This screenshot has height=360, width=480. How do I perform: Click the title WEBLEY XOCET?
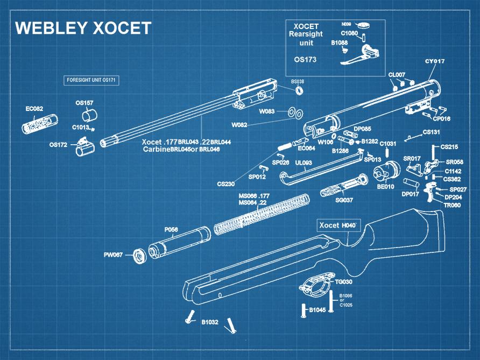point(83,28)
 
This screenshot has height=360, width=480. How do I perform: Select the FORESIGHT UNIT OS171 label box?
point(91,80)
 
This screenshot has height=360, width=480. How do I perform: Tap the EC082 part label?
point(34,109)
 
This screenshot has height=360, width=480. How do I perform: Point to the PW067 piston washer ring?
point(139,255)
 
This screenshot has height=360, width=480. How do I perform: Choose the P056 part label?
point(171,230)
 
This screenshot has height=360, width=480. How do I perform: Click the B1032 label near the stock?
point(210,322)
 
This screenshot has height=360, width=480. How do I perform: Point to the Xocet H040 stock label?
point(337,225)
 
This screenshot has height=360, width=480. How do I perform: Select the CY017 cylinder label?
point(435,61)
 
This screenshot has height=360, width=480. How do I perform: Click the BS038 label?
point(298,81)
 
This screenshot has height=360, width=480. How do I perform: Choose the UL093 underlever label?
point(304,163)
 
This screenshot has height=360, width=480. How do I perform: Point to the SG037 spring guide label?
point(344,200)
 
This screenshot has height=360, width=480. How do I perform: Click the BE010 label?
point(385,186)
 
